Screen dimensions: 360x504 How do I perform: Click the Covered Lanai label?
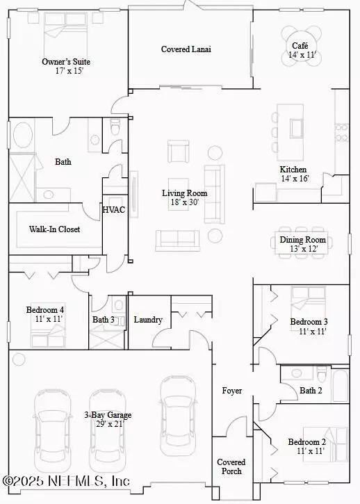pos(186,49)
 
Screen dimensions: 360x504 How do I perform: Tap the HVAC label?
pos(114,210)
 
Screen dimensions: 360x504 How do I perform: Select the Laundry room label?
pos(148,320)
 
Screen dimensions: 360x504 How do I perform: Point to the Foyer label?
pos(231,391)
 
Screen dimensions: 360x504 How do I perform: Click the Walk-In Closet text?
pos(54,229)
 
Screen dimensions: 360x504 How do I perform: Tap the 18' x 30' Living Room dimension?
pos(185,202)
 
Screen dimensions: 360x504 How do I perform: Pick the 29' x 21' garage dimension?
pos(110,424)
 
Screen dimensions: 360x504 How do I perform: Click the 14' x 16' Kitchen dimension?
pos(295,179)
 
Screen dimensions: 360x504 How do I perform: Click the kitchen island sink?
pos(297,128)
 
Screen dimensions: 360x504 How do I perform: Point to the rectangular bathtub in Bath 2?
pos(340,386)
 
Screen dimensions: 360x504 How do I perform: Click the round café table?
pos(302,46)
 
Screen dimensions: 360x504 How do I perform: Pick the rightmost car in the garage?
pos(178,416)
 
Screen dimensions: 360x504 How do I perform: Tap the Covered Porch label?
pos(231,466)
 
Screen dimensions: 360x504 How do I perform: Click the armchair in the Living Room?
pos(178,152)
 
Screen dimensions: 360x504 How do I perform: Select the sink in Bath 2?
pos(297,373)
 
